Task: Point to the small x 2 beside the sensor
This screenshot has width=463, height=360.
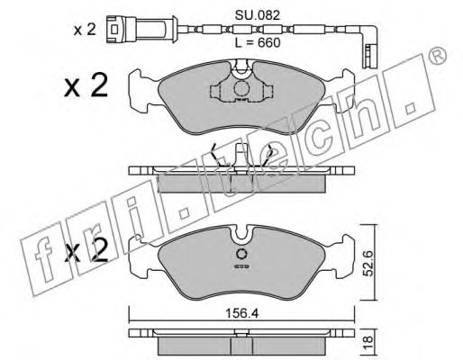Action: (84, 29)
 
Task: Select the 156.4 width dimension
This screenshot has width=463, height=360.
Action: (242, 315)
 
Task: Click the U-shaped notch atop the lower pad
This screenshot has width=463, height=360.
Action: (241, 236)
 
